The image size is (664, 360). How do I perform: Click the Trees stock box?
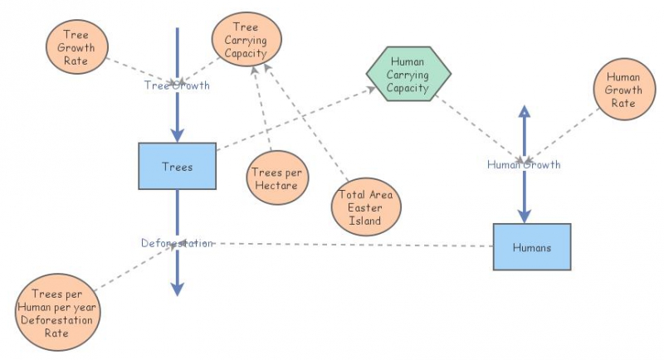tap(177, 166)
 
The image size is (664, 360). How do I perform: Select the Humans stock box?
tap(532, 246)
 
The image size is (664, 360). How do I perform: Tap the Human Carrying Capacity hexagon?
tap(409, 74)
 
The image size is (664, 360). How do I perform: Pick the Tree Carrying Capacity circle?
tap(247, 40)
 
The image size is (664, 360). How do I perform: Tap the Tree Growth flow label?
tap(177, 85)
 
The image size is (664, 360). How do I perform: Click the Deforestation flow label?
tap(177, 243)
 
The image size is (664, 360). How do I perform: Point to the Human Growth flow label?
tap(524, 164)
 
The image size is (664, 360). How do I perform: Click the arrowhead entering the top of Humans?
tap(524, 216)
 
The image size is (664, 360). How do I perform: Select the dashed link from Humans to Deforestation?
tap(349, 245)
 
